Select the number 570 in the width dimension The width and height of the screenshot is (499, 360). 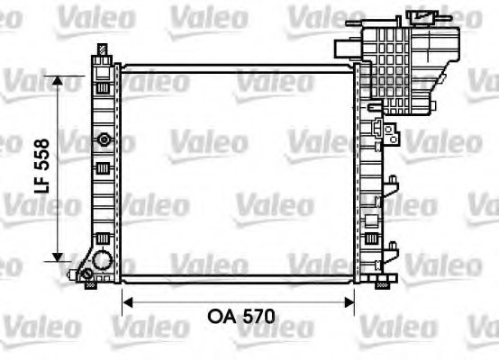point(256,317)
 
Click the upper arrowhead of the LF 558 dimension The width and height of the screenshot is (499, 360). point(59,82)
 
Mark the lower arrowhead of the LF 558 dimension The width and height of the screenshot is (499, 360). point(59,254)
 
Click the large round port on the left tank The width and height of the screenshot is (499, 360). point(101,260)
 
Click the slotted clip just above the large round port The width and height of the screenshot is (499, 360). point(102,238)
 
